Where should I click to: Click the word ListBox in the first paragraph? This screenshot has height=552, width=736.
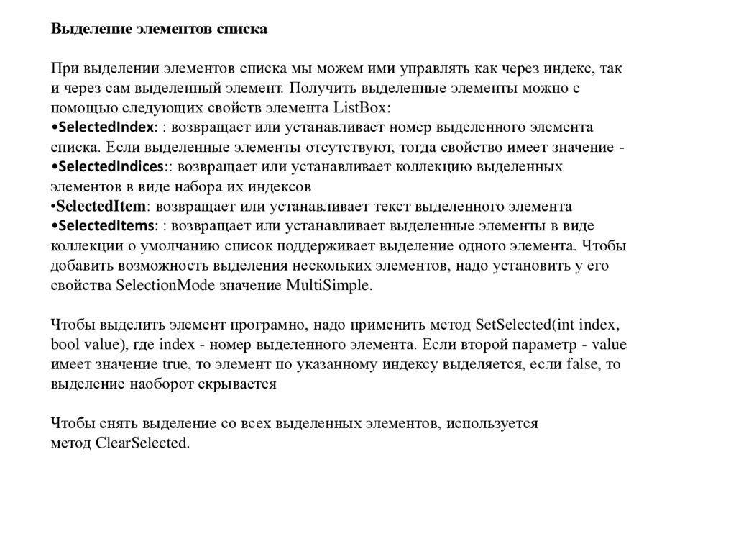(x=362, y=108)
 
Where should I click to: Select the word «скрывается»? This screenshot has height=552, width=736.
(x=244, y=384)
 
